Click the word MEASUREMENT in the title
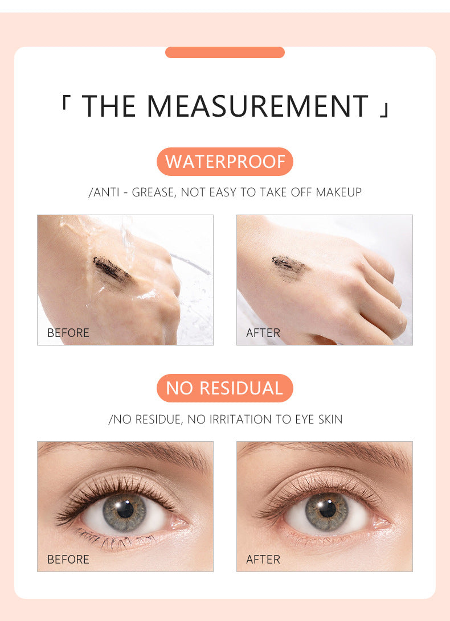coord(257,106)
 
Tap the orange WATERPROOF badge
coord(225,162)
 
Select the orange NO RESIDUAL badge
coord(224,388)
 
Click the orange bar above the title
coord(224,52)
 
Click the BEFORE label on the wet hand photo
coord(68,333)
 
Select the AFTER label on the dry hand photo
coord(263,333)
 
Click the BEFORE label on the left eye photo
coord(68,560)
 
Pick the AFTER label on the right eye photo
coord(263,560)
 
